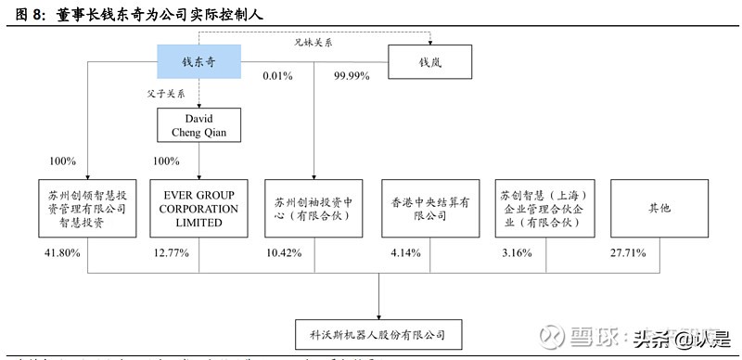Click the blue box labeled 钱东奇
tap(198, 62)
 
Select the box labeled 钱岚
tap(429, 62)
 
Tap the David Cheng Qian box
tap(198, 124)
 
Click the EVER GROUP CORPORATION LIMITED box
tap(198, 209)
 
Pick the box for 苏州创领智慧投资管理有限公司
tap(86, 209)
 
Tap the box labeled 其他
tap(659, 209)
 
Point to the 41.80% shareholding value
tap(61, 252)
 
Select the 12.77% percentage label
tap(173, 252)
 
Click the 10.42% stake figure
tap(286, 252)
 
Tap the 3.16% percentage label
tap(516, 252)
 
